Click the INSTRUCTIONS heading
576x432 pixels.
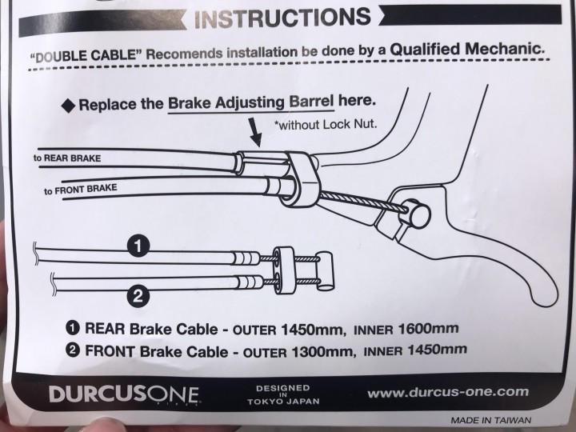click(x=282, y=18)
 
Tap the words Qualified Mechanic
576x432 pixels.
click(x=466, y=49)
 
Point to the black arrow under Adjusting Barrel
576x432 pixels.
click(x=255, y=132)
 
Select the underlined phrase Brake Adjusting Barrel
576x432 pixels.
click(x=251, y=102)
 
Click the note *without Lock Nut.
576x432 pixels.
click(x=326, y=125)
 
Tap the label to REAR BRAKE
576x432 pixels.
click(x=67, y=158)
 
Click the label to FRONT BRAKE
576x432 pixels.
click(x=81, y=189)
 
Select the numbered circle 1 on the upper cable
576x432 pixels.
click(x=138, y=246)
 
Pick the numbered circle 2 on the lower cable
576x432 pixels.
click(x=138, y=296)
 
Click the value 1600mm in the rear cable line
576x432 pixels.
click(x=428, y=328)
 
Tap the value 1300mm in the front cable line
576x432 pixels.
click(x=324, y=352)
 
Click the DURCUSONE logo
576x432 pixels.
click(x=124, y=394)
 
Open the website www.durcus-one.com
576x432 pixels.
click(x=448, y=392)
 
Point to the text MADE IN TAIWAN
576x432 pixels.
click(x=490, y=420)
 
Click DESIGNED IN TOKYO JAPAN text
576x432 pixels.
click(x=283, y=394)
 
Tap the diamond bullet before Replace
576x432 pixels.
click(x=68, y=106)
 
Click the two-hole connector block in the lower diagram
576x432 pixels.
click(x=283, y=270)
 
